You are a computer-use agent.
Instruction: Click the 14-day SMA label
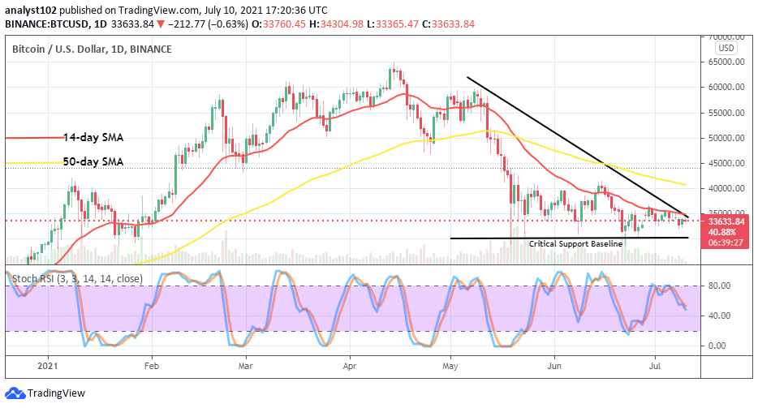click(95, 137)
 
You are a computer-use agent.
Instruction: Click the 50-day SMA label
click(95, 161)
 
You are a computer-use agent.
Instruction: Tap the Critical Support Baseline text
click(575, 243)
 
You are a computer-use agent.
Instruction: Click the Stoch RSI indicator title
click(78, 279)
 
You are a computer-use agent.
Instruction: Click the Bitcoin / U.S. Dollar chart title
click(92, 49)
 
